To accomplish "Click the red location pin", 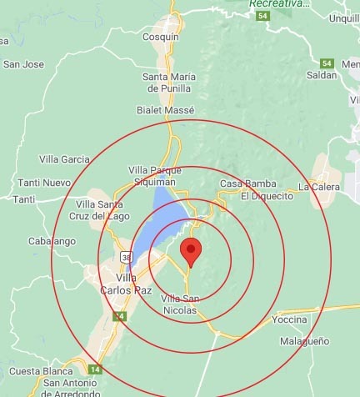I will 192,249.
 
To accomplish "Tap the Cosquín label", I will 162,38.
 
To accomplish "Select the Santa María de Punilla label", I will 167,83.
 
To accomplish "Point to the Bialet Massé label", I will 165,110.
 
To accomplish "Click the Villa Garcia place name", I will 64,158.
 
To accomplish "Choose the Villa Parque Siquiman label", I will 152,174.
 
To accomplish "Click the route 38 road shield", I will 125,255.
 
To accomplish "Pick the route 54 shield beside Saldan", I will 327,63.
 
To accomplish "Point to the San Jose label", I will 23,63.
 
